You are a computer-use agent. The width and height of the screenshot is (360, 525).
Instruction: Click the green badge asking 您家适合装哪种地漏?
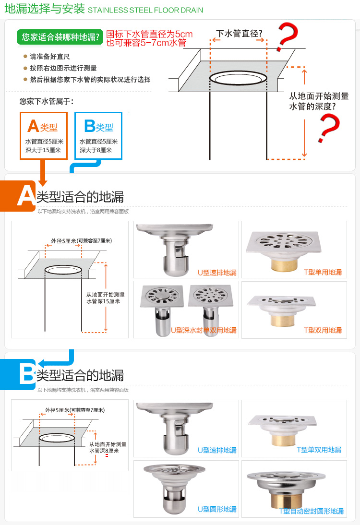coord(60,37)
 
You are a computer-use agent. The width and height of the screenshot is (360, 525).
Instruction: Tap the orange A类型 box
coord(44,136)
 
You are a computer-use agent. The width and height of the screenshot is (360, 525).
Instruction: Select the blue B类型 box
coord(98,136)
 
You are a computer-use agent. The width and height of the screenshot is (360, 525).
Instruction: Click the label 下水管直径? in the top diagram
coord(239,34)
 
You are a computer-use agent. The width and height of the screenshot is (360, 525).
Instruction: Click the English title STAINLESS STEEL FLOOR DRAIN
coord(145,11)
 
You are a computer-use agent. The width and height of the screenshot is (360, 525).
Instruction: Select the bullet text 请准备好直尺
coord(50,57)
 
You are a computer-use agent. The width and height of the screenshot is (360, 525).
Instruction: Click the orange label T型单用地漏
coord(323,272)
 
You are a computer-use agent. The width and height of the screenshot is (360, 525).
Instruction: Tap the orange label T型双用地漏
coord(323,330)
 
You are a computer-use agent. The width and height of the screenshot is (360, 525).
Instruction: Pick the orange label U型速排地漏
coord(217,273)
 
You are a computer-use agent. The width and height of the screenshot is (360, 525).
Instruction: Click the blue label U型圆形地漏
coord(217,509)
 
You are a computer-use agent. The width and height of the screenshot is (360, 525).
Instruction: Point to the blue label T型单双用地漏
coord(319,450)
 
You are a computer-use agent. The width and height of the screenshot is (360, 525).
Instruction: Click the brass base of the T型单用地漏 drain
coord(284,264)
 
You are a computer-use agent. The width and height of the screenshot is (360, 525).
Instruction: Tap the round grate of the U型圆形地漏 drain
coord(174,469)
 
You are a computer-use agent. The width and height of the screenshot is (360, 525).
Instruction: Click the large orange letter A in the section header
coord(26,196)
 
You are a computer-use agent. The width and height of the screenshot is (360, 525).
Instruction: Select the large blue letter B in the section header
coord(26,374)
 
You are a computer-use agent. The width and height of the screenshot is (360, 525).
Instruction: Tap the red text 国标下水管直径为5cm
coord(149,34)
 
